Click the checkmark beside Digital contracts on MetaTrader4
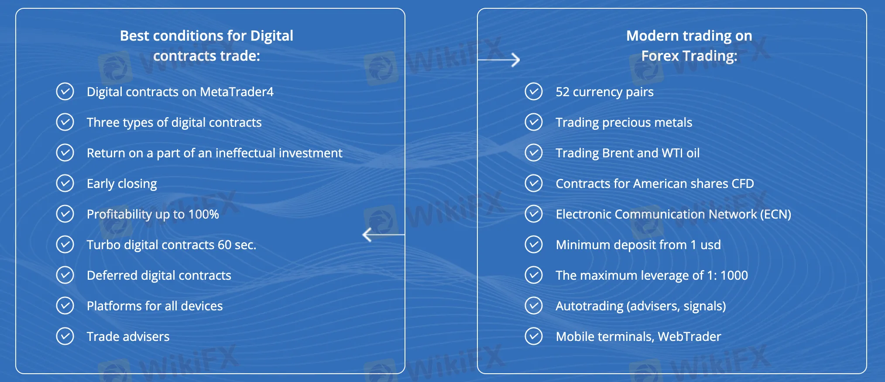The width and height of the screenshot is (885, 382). click(65, 92)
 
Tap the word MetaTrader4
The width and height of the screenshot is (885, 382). click(237, 92)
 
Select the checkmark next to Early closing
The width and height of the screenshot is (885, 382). click(65, 184)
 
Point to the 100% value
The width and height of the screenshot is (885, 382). click(204, 214)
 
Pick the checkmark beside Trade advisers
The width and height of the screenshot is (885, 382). click(65, 337)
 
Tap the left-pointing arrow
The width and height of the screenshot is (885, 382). click(384, 235)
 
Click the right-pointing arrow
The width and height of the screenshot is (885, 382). click(499, 59)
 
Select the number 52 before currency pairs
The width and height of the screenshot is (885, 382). click(563, 92)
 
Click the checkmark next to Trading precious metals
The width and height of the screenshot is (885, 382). click(534, 122)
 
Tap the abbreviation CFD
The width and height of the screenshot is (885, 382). click(743, 184)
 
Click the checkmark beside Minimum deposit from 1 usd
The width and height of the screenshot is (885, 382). click(534, 245)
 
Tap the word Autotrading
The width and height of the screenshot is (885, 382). click(590, 306)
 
